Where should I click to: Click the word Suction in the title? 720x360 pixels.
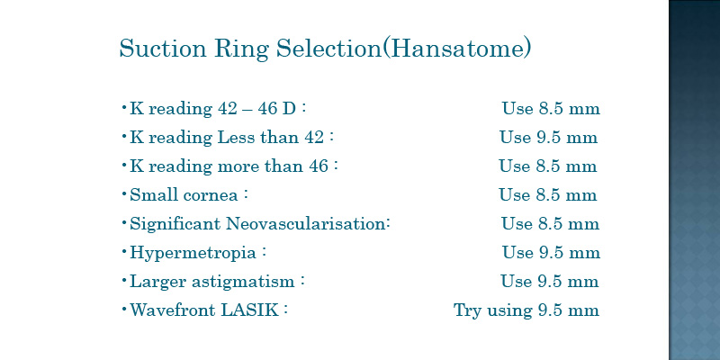(163, 48)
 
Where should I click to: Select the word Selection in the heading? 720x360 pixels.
(328, 48)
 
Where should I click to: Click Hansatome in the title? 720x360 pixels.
(456, 48)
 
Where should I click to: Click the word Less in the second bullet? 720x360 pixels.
(235, 138)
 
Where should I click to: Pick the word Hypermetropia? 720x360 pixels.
(193, 253)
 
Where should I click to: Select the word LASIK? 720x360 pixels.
(250, 310)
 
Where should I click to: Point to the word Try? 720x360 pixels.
(467, 310)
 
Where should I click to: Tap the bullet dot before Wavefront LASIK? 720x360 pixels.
(124, 309)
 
